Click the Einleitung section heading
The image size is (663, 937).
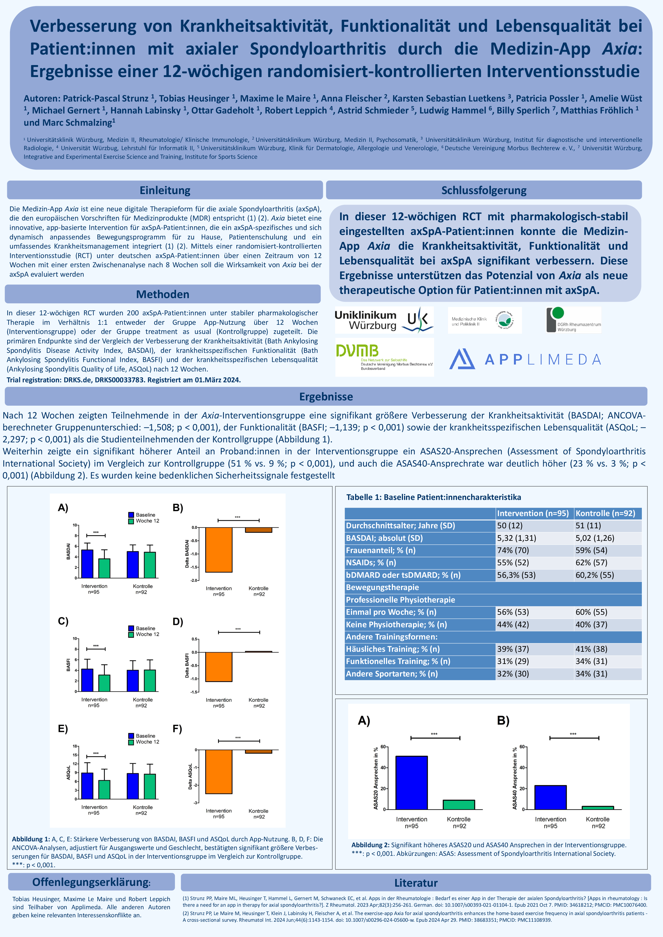coord(165,190)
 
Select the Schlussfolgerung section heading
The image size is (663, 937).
coord(484,190)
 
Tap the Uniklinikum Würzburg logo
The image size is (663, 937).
coord(384,320)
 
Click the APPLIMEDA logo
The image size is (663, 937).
coord(525,359)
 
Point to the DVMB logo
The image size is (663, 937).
coord(384,357)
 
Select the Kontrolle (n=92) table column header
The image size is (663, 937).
coord(607,513)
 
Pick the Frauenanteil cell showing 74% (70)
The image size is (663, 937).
coord(513,550)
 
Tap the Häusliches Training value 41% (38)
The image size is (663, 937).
coord(592,649)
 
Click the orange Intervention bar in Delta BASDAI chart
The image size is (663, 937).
coord(219,550)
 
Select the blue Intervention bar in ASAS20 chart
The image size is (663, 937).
coord(412,783)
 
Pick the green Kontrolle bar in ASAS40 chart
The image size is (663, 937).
coord(598,808)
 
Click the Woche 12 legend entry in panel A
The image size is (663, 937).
coord(144,521)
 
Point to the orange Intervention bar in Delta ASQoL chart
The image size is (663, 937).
coord(219,772)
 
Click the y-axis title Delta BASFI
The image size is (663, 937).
coord(187,666)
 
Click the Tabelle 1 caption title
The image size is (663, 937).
coord(434,497)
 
